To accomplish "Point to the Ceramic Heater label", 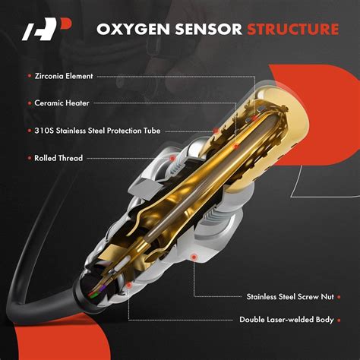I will point(63,103).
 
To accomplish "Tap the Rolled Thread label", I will point(59,158).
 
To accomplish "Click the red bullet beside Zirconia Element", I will point(29,76).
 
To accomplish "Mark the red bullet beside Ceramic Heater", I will point(29,103).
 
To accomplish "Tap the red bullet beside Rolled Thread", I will point(29,158).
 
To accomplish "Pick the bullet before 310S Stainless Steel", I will point(29,131).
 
